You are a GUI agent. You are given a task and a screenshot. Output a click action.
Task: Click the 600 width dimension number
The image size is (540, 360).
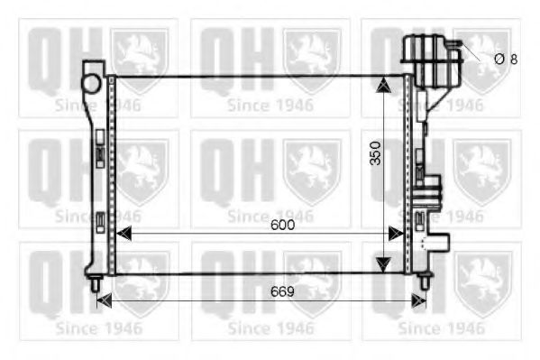(282, 225)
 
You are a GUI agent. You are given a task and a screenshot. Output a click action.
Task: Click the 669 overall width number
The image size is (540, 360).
(282, 291)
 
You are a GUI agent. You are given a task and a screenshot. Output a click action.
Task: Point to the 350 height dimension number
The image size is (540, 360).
(375, 153)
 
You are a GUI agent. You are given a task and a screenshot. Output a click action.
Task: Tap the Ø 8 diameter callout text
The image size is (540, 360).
(506, 60)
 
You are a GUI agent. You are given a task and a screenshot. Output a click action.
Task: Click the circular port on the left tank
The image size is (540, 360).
(91, 83)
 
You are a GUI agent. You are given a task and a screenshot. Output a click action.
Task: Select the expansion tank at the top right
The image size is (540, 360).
(432, 60)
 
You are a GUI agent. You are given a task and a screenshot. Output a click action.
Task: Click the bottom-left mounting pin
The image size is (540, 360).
(95, 283)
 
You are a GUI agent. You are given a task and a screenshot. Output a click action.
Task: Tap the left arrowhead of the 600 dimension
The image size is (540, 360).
(124, 234)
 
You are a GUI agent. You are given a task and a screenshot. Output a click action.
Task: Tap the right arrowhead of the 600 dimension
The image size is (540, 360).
(396, 234)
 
